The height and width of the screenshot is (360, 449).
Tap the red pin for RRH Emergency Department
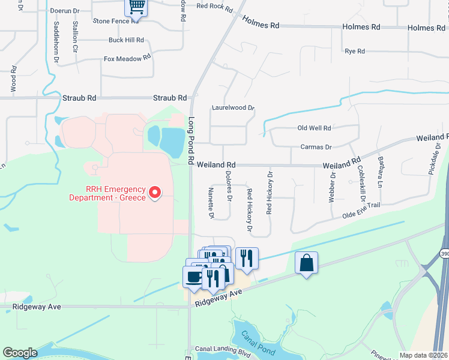point(155,193)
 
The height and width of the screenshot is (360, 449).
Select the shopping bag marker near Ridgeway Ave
point(306,263)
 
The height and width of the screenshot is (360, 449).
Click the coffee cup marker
point(193,277)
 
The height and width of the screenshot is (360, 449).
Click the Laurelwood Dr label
point(233,109)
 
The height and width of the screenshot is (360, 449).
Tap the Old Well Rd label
point(314,128)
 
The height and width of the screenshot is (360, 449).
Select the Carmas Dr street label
point(316,147)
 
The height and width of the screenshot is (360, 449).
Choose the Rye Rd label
point(355,52)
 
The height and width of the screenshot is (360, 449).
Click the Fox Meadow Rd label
point(126,59)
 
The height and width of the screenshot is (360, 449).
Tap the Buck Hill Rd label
point(126,40)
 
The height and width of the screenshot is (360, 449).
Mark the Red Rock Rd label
point(214,6)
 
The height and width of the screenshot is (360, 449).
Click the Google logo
point(20,353)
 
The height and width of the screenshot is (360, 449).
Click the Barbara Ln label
point(381,172)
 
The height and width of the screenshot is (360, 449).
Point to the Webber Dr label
point(331,187)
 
